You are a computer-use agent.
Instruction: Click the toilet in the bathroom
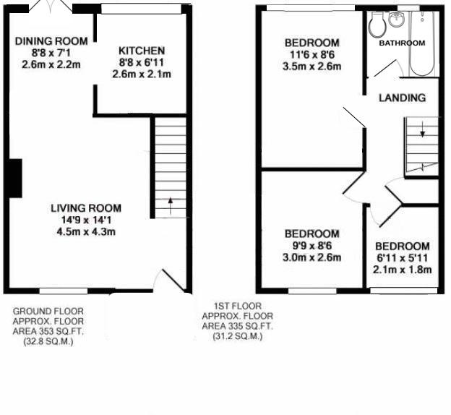377,25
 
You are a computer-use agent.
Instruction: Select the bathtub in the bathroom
422,43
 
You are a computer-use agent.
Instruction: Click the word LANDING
402,98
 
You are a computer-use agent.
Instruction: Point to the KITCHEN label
142,51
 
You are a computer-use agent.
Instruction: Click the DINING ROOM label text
51,41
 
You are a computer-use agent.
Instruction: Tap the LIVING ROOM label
86,208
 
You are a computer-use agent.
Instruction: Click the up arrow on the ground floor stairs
171,206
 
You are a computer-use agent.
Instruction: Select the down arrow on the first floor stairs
423,129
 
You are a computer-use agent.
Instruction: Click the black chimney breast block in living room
15,178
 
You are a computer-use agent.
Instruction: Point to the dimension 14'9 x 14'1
86,221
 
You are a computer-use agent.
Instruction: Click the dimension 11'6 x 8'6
312,55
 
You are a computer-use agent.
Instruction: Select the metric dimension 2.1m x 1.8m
403,270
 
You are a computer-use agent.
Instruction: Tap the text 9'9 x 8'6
312,246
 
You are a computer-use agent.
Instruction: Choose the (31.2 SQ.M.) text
238,336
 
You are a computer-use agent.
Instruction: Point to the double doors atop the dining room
51,7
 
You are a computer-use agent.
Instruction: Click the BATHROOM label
402,43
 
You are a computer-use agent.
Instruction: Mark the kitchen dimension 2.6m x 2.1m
142,74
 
